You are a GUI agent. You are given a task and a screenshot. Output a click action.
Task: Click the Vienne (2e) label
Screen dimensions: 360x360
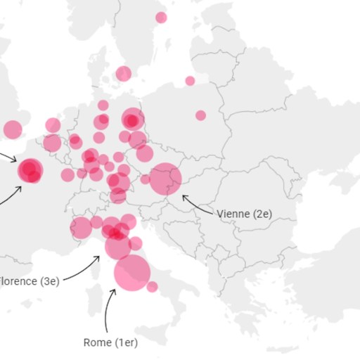tap(243, 214)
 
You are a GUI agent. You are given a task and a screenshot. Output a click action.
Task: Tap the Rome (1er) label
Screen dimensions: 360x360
tap(110, 342)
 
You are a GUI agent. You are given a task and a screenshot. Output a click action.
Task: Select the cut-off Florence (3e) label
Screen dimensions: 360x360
tap(30, 281)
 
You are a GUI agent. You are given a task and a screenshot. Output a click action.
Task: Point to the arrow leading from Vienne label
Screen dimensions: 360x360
tap(197, 205)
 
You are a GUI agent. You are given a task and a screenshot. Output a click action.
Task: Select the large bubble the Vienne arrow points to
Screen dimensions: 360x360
tap(165, 179)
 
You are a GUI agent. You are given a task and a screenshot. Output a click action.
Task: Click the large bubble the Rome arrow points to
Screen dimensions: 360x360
tap(131, 272)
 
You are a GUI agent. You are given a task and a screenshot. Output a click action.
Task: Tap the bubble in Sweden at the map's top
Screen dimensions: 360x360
tap(161, 18)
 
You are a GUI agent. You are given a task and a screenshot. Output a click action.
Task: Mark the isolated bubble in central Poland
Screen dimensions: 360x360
tap(200, 115)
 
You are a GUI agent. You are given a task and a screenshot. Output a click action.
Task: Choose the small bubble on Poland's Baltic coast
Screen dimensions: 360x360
tap(190, 81)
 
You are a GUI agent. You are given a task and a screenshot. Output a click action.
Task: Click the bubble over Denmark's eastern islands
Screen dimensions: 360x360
tap(124, 73)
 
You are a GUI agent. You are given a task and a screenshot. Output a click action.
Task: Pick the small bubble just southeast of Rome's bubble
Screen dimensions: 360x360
tap(152, 286)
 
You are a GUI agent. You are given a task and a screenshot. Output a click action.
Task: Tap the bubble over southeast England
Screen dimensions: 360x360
tap(13, 129)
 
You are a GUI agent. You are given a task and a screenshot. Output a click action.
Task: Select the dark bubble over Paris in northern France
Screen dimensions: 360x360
tap(30, 169)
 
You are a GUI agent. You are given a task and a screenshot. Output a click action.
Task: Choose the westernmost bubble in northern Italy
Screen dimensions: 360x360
tap(81, 228)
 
